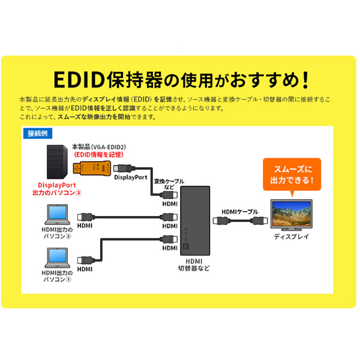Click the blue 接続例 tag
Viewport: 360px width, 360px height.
tap(38, 133)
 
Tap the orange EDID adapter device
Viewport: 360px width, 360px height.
tap(92, 168)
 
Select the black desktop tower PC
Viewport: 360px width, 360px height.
tap(57, 162)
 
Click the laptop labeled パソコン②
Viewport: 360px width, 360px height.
tap(57, 214)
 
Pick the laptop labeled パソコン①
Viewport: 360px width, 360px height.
tap(57, 258)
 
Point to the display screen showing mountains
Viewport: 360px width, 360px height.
tap(292, 215)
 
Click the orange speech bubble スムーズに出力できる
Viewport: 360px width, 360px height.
tap(292, 175)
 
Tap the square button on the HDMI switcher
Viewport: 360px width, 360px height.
tap(185, 247)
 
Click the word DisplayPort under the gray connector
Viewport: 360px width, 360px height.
tap(131, 178)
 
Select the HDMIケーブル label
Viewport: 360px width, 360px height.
tap(239, 212)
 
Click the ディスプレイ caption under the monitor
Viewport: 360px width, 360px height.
tap(292, 237)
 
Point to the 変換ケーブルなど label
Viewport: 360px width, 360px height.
tap(169, 184)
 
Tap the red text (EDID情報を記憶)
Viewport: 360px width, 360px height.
tap(98, 155)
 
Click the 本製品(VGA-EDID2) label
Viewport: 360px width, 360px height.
tap(99, 147)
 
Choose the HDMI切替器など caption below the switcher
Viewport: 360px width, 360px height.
tap(194, 265)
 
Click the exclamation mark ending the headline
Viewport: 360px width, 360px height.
tap(305, 80)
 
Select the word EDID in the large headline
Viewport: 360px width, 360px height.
tap(79, 80)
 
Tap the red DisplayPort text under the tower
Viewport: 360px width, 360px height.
tap(57, 185)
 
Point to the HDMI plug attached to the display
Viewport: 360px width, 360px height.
tap(259, 221)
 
